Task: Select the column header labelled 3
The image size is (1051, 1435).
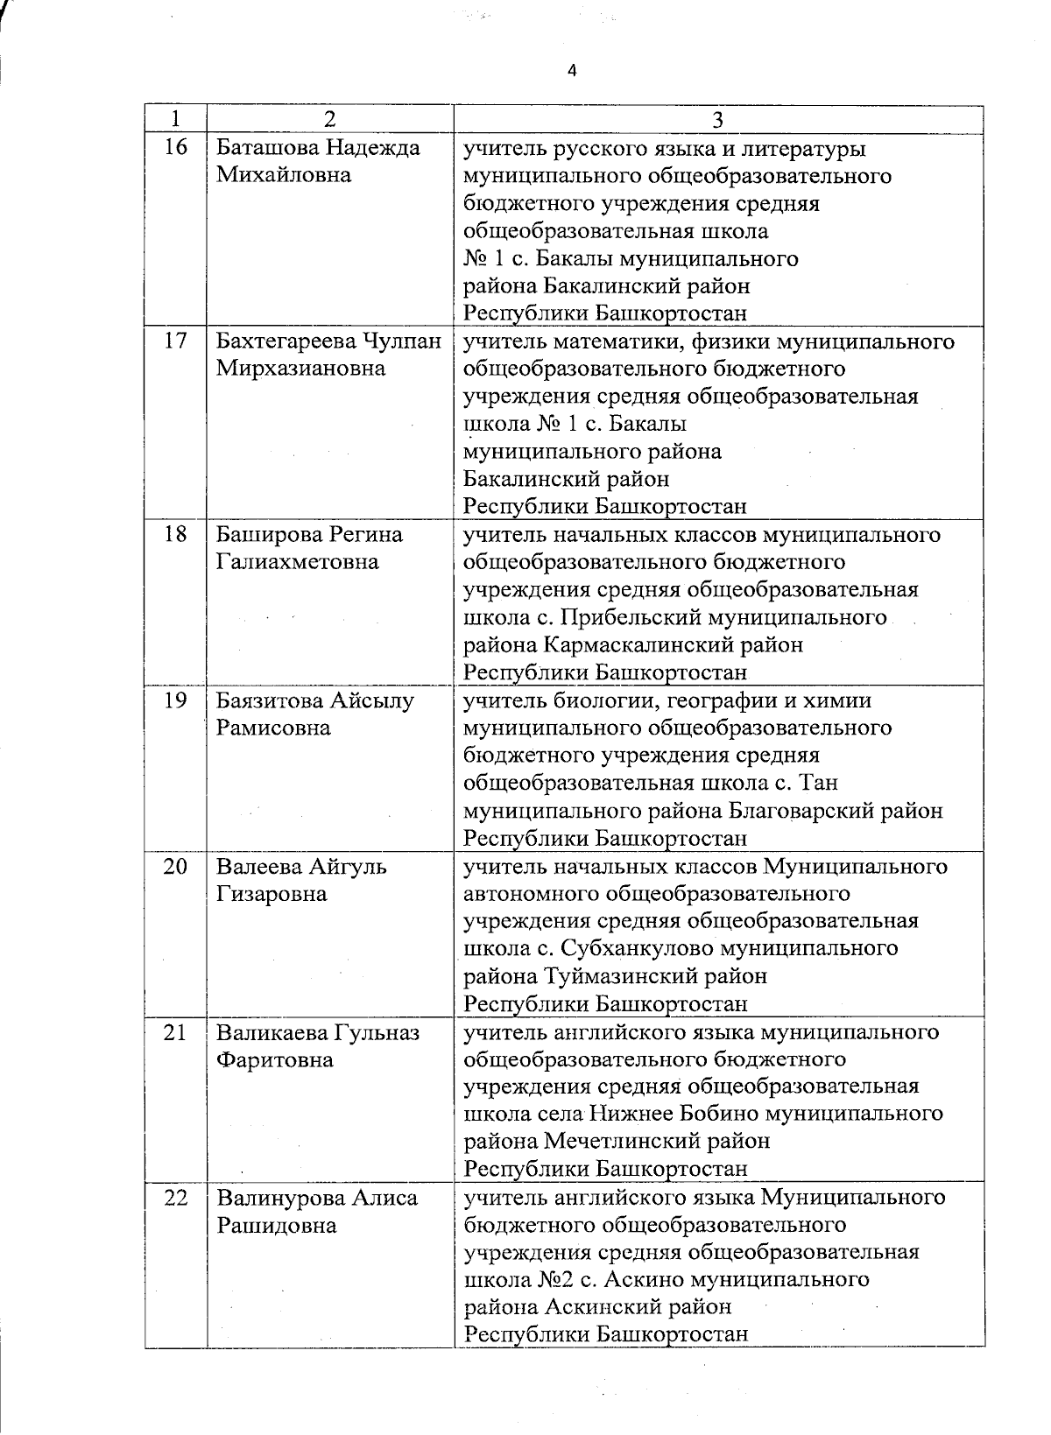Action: click(x=717, y=119)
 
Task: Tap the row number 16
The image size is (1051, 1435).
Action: click(x=176, y=147)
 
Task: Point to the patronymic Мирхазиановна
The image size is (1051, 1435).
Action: click(x=300, y=368)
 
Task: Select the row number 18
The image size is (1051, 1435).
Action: click(x=176, y=534)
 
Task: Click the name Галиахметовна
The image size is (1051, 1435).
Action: click(x=298, y=561)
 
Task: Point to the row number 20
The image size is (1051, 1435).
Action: click(x=176, y=867)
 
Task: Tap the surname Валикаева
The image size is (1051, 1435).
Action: click(x=271, y=1032)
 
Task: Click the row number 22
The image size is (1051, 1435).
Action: click(x=176, y=1198)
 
